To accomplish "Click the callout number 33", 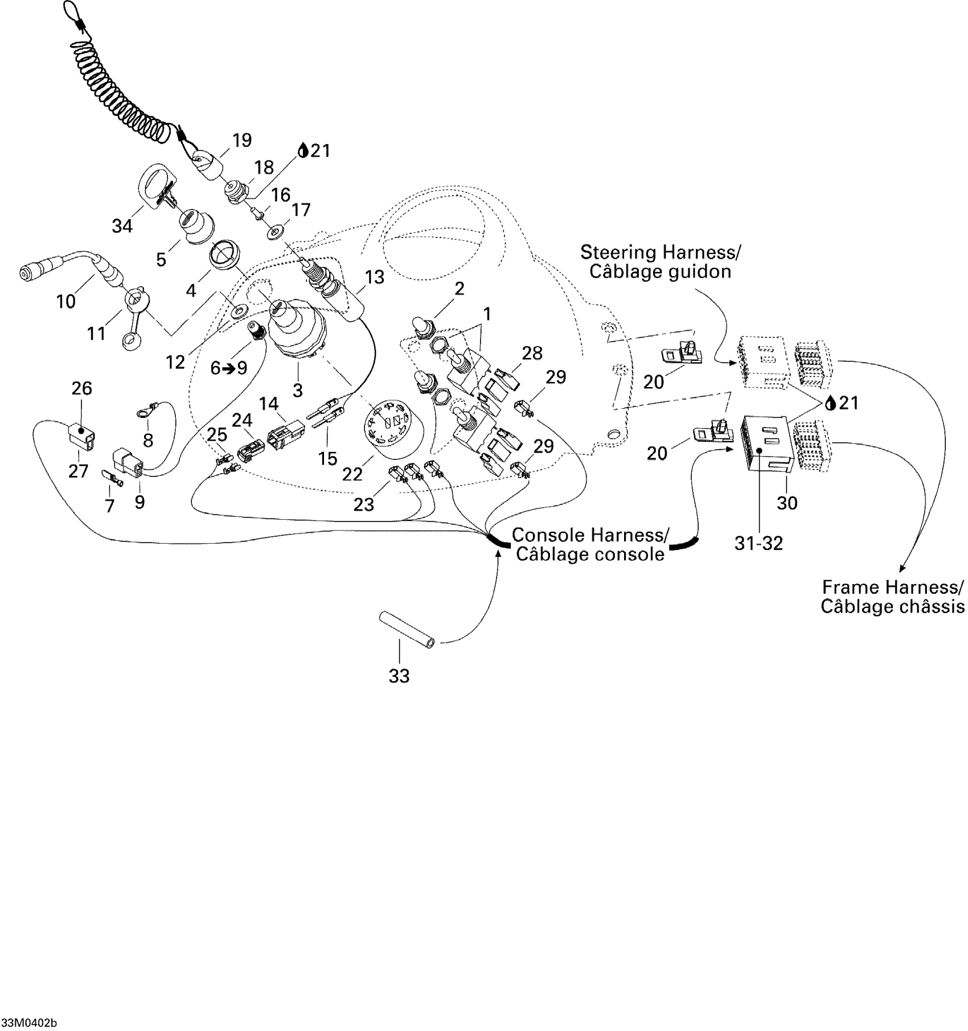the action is (399, 676).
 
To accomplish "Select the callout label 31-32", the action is (759, 544).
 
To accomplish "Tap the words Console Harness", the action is (590, 535).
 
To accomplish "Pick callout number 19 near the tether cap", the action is (242, 140).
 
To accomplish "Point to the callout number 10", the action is (66, 301).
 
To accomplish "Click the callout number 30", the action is (787, 503).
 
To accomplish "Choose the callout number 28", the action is (532, 353).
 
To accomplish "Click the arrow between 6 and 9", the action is (229, 368).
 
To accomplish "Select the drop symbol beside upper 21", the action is (303, 150).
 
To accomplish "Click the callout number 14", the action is (269, 404).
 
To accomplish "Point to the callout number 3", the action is (297, 390).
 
